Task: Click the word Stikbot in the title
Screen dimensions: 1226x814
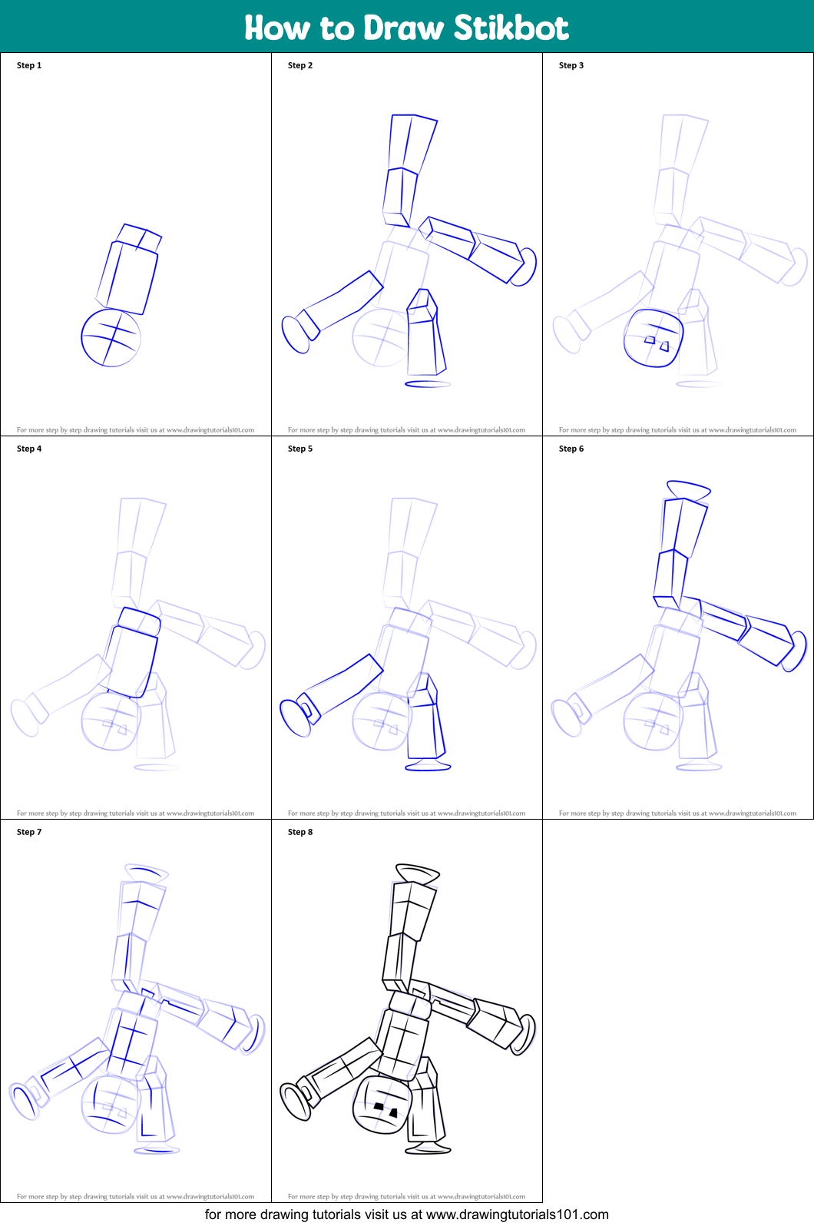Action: click(511, 28)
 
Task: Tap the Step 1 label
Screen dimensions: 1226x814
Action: click(29, 65)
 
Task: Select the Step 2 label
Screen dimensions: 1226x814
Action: click(300, 65)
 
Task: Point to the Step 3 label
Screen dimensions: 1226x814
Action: click(571, 65)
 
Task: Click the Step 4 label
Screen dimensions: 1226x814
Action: click(29, 449)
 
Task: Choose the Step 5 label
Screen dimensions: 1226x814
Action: click(300, 449)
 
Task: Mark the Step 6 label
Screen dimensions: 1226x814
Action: click(571, 449)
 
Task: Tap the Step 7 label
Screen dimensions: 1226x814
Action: click(29, 832)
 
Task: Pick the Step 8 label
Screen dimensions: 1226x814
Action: click(300, 832)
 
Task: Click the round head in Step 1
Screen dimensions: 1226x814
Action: click(111, 338)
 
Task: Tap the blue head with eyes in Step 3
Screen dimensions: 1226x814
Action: click(654, 338)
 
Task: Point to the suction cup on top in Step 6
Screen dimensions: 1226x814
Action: click(689, 489)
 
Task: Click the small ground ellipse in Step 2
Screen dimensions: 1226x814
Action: click(428, 383)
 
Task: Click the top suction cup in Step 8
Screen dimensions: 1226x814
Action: click(418, 873)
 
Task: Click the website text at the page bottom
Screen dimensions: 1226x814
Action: click(407, 1214)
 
